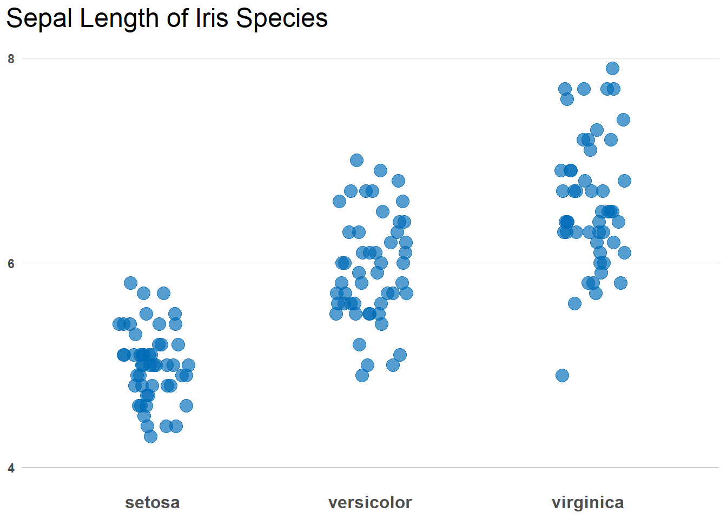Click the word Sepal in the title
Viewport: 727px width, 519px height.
40,18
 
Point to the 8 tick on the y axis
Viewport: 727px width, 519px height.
11,59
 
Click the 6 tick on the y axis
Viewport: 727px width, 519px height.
11,263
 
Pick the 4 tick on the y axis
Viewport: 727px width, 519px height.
11,468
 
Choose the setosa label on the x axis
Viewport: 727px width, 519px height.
152,502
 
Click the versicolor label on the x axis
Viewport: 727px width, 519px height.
370,502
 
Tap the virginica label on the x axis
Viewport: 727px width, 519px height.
587,502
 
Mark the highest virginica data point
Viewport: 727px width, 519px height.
612,68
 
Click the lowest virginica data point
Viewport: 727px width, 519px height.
562,375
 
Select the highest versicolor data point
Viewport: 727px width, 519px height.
356,160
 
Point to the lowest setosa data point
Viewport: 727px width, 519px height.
150,436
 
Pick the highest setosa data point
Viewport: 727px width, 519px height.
130,283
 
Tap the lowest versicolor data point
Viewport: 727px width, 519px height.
362,375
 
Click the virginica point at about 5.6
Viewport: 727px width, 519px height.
574,303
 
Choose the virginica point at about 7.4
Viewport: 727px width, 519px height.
623,119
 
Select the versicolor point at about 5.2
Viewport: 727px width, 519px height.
359,344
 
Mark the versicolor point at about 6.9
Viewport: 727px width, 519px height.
380,170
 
